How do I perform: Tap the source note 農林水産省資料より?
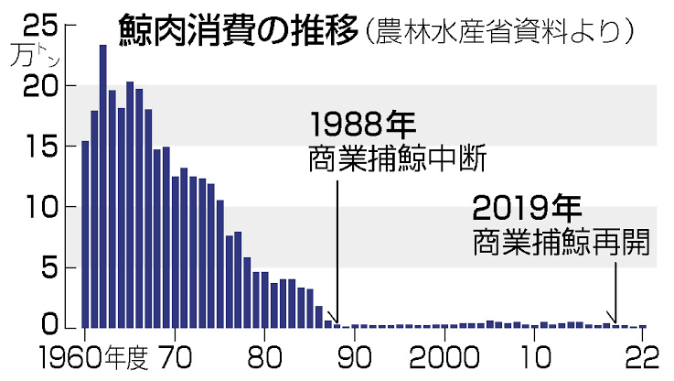point(498,30)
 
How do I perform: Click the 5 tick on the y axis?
point(50,267)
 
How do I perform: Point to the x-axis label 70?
point(174,357)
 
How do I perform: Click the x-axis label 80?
point(264,357)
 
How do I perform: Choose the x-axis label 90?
point(355,357)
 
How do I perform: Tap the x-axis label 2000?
point(445,357)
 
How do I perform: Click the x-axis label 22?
point(642,357)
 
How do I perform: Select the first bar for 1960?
point(85,234)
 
